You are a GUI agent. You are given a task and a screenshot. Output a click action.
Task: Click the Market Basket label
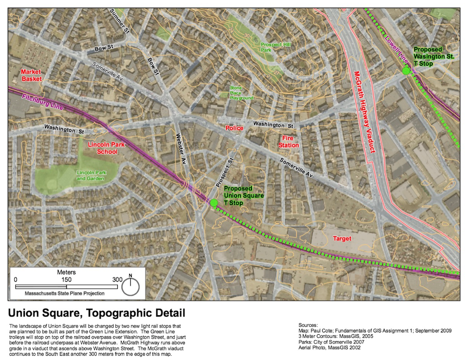(31, 75)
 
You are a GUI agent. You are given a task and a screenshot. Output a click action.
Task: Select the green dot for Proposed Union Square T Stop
(214, 202)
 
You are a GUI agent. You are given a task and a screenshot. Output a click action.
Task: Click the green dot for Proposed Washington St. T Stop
(406, 71)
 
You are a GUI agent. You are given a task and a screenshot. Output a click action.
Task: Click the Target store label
(342, 238)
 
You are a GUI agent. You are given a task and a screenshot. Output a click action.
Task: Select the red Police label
(235, 128)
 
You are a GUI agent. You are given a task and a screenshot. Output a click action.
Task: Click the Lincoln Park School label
(102, 148)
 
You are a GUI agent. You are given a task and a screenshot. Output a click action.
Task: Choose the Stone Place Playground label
(241, 93)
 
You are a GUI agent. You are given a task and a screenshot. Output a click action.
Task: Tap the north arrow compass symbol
(131, 286)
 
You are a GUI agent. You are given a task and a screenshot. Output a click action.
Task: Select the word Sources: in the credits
(309, 325)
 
